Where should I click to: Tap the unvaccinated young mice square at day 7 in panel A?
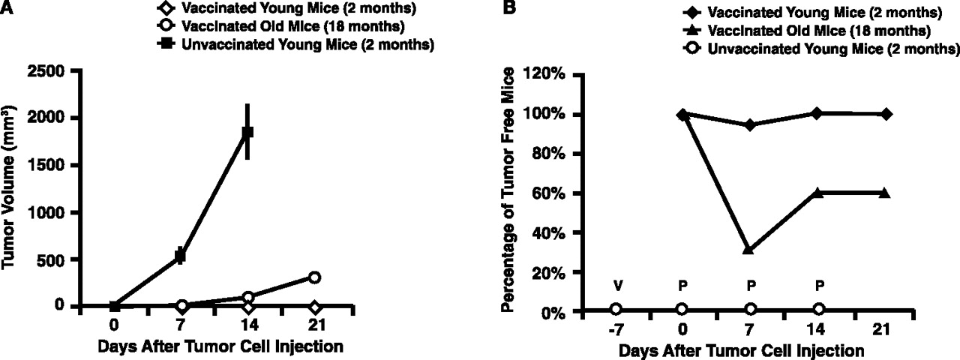tap(180, 256)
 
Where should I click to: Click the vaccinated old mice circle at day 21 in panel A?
tap(314, 277)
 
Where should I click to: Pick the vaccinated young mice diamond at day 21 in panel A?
tap(314, 307)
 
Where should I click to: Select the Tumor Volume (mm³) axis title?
tap(13, 188)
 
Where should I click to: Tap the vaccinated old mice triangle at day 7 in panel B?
tap(748, 249)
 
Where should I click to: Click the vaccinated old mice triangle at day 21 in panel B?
tap(886, 193)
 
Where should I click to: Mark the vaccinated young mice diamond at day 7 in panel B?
tap(748, 124)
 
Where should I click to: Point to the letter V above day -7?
tap(616, 286)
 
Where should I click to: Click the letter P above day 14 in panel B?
tap(818, 286)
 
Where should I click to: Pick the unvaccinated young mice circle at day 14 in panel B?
tap(818, 309)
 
